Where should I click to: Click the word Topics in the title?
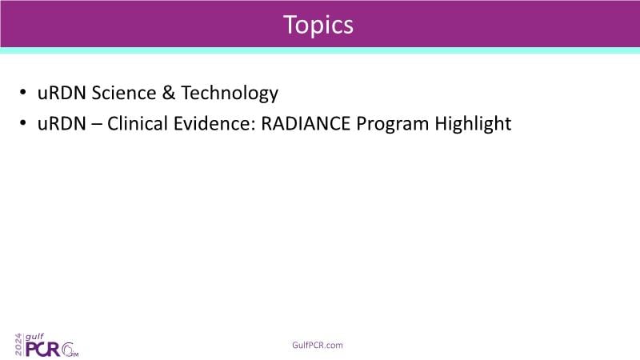(318, 26)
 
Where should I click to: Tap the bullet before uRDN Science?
(23, 92)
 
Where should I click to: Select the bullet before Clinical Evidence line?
(23, 122)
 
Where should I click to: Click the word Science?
(124, 93)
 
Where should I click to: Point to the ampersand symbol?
(169, 93)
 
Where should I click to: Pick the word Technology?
(230, 94)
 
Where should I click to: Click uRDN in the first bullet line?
(62, 93)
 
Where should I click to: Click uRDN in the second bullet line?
(62, 123)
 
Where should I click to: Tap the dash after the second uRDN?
(97, 125)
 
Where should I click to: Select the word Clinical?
(138, 123)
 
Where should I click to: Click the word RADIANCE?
(306, 123)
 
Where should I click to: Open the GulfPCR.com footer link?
(318, 346)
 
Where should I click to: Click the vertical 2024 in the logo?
(18, 345)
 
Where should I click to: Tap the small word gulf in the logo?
(34, 337)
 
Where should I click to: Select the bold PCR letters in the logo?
(43, 350)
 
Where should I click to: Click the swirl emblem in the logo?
(69, 350)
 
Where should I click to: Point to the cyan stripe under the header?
(320, 50)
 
